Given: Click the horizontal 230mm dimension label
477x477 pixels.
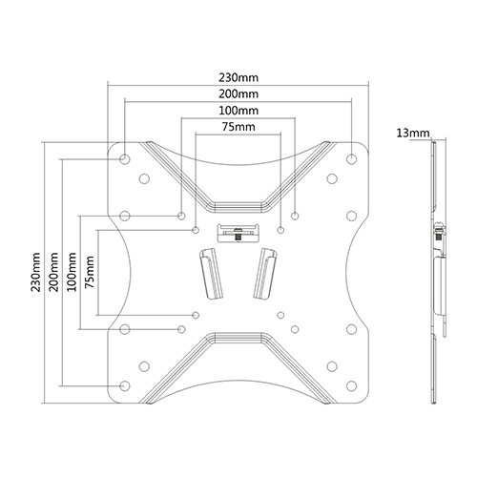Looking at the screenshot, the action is (x=238, y=77).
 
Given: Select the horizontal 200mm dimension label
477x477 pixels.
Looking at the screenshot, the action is (x=238, y=94).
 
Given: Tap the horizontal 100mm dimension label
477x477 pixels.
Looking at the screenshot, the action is (x=238, y=111).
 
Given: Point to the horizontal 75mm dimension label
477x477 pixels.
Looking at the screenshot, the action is (x=238, y=127).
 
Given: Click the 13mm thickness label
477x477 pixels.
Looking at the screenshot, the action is (x=413, y=133).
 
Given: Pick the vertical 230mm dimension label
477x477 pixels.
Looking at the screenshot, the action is (x=35, y=272).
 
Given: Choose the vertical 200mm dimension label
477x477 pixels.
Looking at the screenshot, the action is (x=53, y=272).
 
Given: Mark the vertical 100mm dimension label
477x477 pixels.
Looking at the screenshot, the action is (x=72, y=272).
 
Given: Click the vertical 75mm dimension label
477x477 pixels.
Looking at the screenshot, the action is (x=90, y=272).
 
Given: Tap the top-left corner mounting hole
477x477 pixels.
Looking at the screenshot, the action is (x=125, y=158).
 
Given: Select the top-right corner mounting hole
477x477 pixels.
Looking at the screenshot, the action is (x=351, y=158).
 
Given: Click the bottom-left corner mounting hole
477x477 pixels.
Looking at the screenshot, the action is (x=125, y=385).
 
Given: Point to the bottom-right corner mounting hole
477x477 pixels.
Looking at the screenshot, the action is (x=351, y=385).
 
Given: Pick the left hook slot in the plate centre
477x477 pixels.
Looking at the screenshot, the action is (x=211, y=274).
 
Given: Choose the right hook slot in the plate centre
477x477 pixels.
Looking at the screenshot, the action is (x=264, y=274).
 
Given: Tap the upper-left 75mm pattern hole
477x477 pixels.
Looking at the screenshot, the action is (x=197, y=230).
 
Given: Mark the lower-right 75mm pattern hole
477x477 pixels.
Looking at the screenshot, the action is (x=280, y=315).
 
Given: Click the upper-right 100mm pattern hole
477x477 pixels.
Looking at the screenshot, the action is (x=295, y=216).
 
